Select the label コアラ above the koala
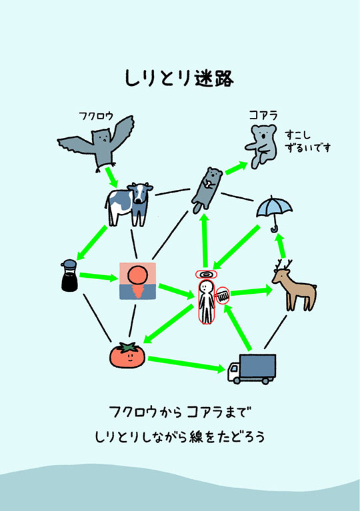tap(263, 115)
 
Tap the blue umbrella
tap(274, 213)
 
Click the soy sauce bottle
tap(68, 277)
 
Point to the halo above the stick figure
tap(206, 274)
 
